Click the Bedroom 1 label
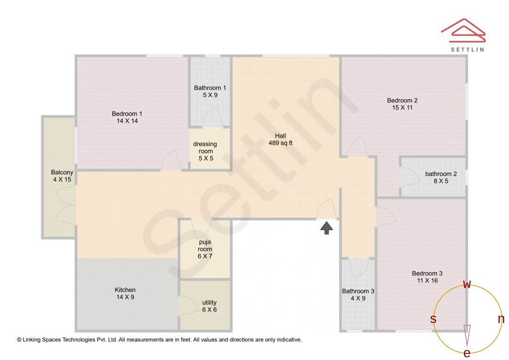[127, 114]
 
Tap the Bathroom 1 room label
[210, 88]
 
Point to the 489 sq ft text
[280, 143]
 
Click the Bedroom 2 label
[402, 100]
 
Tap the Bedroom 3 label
[427, 273]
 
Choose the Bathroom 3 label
[358, 291]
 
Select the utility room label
[209, 303]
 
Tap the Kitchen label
[125, 290]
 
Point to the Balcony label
[62, 172]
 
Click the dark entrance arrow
[327, 228]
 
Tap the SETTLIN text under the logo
[467, 49]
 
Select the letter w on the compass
[467, 284]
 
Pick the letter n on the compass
[501, 319]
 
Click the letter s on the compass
[433, 319]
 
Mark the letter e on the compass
[467, 353]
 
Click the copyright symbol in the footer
[19, 339]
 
